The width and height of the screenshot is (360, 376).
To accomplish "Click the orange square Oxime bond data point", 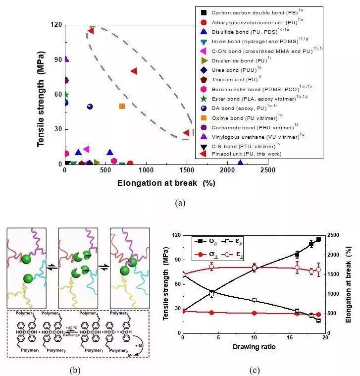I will pyautogui.click(x=122, y=106).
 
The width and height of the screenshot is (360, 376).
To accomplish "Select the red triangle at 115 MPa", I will pyautogui.click(x=91, y=31).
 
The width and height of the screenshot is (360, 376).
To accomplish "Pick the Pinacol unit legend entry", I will pyautogui.click(x=242, y=154).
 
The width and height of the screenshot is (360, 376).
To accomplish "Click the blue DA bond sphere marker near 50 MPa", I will pyautogui.click(x=90, y=107).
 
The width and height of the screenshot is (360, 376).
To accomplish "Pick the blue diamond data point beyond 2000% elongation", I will pyautogui.click(x=240, y=162).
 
